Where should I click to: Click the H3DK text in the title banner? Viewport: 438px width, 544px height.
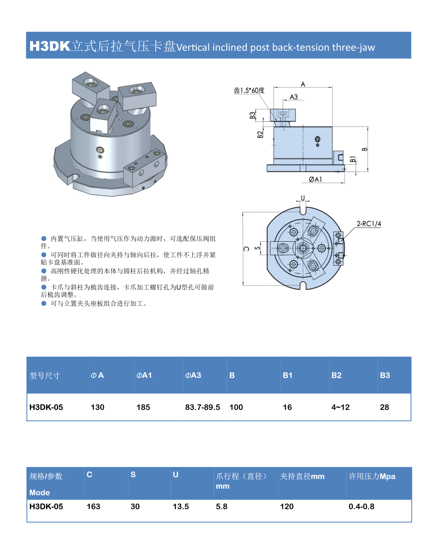[x=49, y=46]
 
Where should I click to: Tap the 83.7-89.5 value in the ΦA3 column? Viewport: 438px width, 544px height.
[x=202, y=407]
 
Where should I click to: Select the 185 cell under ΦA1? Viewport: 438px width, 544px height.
[x=143, y=407]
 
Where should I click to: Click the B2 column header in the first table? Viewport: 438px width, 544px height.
[x=336, y=375]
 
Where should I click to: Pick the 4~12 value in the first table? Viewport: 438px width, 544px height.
[x=340, y=407]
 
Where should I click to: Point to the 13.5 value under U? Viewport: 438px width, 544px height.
[x=181, y=506]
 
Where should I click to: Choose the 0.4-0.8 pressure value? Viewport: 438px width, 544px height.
[x=361, y=506]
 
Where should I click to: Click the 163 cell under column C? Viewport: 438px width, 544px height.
[x=93, y=506]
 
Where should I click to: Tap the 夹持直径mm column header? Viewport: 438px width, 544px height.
[x=302, y=476]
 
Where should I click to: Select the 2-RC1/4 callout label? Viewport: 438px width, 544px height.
[x=369, y=224]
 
